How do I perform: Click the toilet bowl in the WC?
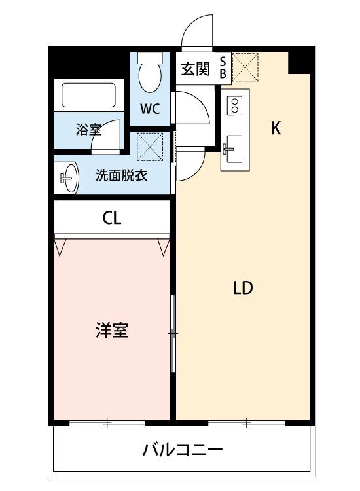(x=150, y=77)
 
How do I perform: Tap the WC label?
(x=151, y=109)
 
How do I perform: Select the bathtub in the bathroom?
(x=88, y=95)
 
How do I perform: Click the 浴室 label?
(x=88, y=130)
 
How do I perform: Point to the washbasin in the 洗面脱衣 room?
(x=69, y=178)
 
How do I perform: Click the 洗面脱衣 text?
(x=122, y=175)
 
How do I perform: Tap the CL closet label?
(x=112, y=218)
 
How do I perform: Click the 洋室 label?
(x=112, y=331)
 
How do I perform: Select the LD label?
(x=243, y=288)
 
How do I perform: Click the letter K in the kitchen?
(x=276, y=128)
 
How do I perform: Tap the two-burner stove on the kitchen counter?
(x=235, y=105)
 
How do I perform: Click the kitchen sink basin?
(x=234, y=149)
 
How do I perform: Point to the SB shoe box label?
(x=223, y=67)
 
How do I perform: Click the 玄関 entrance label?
(x=196, y=69)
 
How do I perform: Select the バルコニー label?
(x=183, y=450)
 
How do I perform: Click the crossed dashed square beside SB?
(x=245, y=67)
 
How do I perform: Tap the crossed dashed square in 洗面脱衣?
(x=150, y=147)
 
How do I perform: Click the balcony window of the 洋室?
(x=107, y=424)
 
